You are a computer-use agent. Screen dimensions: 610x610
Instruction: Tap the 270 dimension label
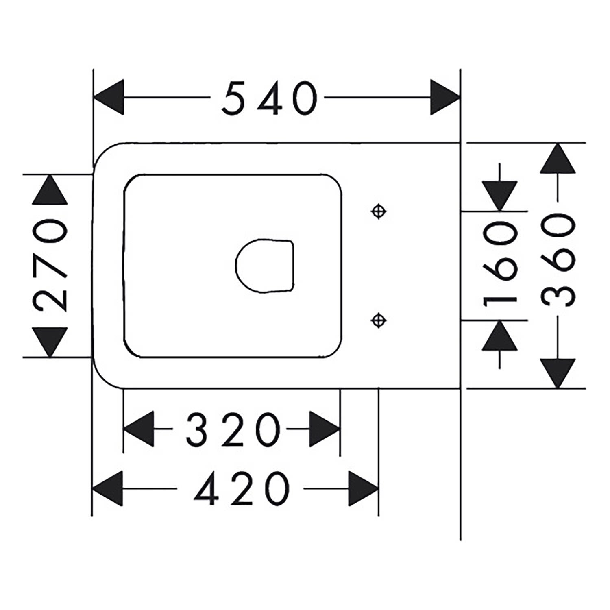(x=50, y=266)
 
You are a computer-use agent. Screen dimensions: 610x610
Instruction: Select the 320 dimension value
(x=233, y=429)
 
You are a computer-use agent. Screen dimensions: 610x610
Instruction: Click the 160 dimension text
(x=500, y=266)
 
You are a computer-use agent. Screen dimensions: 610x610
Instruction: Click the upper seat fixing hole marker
(x=379, y=211)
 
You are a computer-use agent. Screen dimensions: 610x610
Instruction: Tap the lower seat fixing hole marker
(x=379, y=320)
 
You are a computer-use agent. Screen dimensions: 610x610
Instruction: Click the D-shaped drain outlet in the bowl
(x=265, y=266)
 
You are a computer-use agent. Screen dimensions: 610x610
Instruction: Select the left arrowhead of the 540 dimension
(x=108, y=98)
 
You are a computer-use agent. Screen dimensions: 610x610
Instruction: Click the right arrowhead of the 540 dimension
(x=445, y=98)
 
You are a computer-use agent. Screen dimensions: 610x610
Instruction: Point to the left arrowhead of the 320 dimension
(x=139, y=429)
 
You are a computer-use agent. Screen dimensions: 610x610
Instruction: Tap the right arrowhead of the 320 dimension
(x=325, y=429)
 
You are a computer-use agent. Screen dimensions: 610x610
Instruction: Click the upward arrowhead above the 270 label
(x=50, y=190)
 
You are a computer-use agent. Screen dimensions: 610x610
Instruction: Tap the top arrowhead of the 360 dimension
(x=558, y=158)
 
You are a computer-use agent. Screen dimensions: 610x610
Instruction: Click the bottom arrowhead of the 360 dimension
(x=558, y=373)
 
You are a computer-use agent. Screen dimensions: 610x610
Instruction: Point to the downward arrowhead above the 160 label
(x=500, y=196)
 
